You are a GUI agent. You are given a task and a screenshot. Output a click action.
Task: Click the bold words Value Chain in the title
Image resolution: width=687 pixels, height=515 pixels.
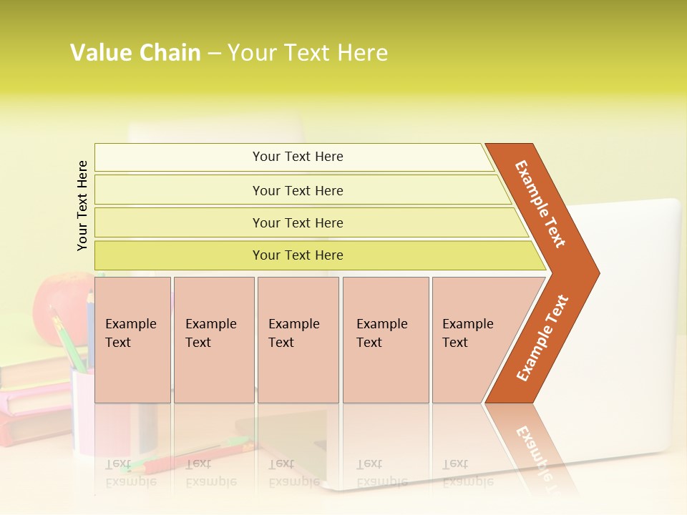(135, 53)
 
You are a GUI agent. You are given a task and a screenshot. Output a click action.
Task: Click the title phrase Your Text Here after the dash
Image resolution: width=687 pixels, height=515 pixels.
(308, 53)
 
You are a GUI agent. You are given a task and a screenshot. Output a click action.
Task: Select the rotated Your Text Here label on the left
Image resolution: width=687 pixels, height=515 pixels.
(82, 205)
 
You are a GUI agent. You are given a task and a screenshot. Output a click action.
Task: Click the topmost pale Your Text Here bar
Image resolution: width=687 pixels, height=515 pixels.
(298, 157)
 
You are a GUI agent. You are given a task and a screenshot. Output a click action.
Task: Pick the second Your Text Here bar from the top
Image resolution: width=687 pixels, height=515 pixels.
(298, 190)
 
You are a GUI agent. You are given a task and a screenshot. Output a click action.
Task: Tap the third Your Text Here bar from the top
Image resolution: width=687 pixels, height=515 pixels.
(298, 222)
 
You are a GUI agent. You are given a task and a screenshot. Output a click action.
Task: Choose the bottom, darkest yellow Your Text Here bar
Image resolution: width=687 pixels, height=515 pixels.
(298, 255)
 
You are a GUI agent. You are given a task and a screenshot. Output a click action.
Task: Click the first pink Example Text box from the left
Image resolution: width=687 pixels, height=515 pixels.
(132, 340)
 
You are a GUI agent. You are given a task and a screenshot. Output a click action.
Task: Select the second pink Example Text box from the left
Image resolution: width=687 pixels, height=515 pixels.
(214, 340)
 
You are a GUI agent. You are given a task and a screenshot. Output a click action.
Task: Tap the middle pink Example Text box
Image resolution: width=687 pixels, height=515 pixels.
(298, 340)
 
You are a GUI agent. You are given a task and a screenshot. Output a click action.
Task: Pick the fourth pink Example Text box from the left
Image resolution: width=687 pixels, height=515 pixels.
(386, 340)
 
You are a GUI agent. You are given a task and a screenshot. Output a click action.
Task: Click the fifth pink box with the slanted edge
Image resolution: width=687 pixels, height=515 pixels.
(472, 340)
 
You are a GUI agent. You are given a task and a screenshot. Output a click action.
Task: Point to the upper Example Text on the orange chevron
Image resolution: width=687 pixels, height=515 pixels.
(540, 204)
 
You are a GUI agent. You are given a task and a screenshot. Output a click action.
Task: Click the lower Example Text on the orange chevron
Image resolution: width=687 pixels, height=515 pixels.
(542, 338)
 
